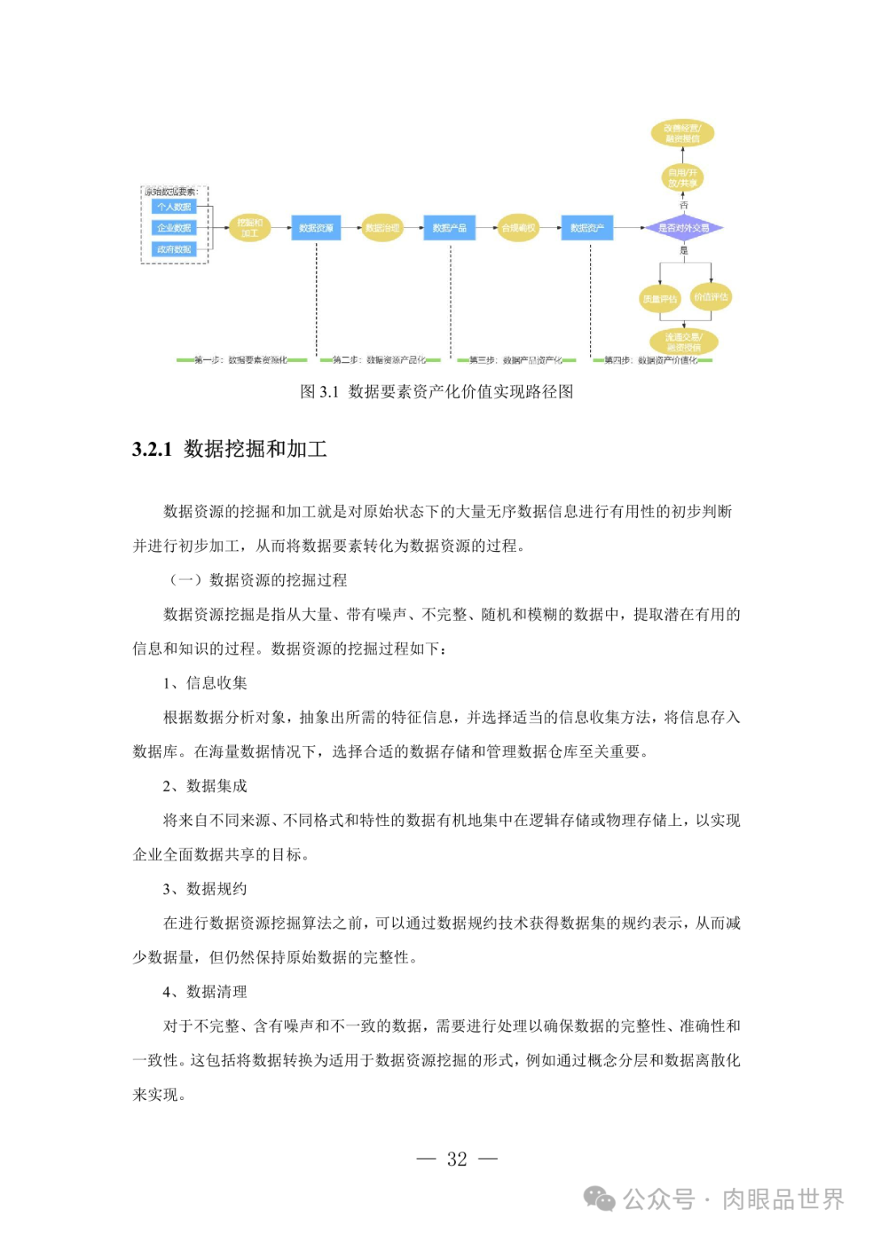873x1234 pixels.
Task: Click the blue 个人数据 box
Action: (x=174, y=207)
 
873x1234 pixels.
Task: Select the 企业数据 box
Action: (x=174, y=228)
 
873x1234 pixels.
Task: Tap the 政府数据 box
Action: (x=174, y=249)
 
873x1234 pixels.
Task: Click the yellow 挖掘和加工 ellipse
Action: (x=250, y=228)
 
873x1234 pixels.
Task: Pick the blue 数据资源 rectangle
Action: (x=316, y=228)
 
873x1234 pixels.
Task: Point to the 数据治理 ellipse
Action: (x=382, y=228)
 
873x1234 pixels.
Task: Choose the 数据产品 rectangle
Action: (x=449, y=228)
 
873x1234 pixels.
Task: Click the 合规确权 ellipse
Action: (x=518, y=228)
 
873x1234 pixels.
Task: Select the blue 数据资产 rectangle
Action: (x=587, y=228)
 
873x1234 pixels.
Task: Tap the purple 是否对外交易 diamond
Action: (x=684, y=228)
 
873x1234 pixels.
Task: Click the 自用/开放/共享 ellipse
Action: (x=683, y=178)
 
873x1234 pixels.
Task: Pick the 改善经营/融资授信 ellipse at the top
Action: (x=683, y=133)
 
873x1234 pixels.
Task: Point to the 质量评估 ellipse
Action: (x=660, y=298)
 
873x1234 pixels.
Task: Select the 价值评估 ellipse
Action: (x=711, y=297)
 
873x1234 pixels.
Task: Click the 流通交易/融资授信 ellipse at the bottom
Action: (x=684, y=342)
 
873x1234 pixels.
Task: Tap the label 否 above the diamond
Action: (x=684, y=205)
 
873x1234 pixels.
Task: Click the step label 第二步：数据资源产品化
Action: (x=380, y=360)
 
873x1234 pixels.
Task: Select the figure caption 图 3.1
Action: (x=318, y=392)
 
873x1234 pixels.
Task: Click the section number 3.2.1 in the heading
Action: (x=152, y=449)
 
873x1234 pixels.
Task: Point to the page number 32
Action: (x=457, y=1159)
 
